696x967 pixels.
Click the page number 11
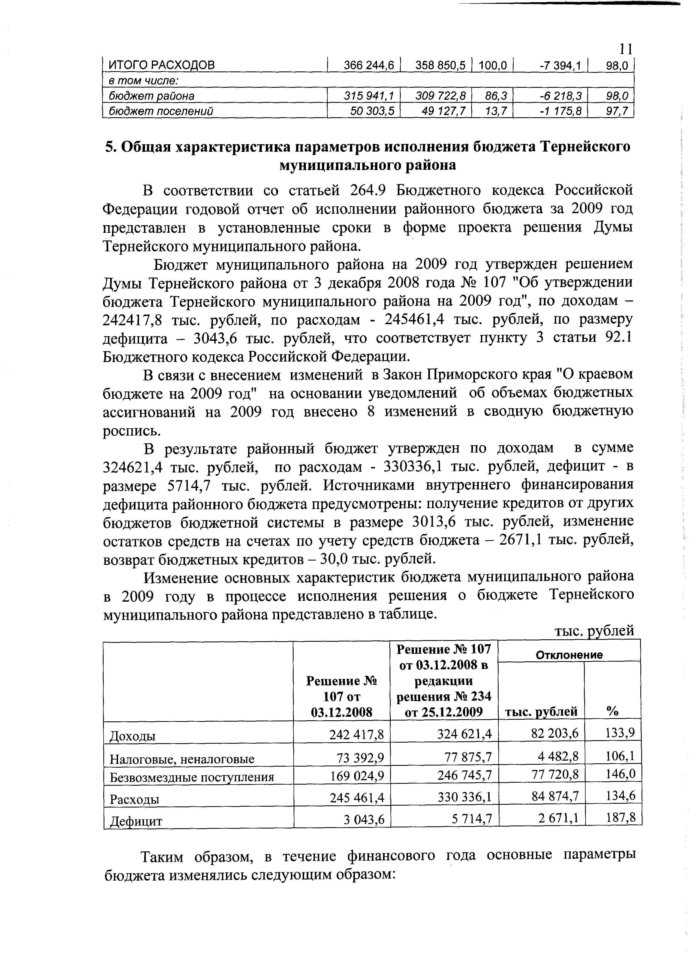(x=625, y=49)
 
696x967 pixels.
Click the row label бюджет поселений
(x=161, y=111)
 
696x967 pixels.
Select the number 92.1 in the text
(x=618, y=337)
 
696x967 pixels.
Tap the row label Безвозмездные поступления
(x=192, y=777)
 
